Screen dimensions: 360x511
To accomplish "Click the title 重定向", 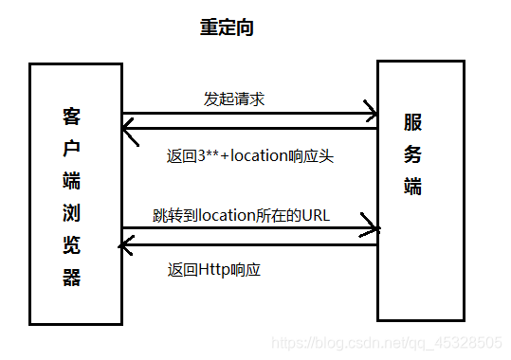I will (x=227, y=28).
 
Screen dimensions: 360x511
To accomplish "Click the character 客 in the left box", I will (x=72, y=117).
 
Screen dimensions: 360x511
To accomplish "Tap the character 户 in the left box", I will (x=72, y=149).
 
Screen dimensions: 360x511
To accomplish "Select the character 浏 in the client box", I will (x=72, y=213).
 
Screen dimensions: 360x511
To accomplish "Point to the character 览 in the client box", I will (x=72, y=245).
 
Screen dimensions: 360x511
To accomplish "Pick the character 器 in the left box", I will (x=72, y=278).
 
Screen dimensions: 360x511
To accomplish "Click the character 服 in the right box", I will (x=412, y=122).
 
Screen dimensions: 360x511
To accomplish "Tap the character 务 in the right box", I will (x=412, y=154).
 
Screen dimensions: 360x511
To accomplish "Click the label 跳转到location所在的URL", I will (x=241, y=215).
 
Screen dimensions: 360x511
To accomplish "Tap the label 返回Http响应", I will (x=213, y=270).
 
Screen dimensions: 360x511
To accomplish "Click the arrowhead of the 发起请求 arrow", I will (x=371, y=116).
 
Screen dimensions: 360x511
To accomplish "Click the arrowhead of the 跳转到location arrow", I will (x=373, y=228).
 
